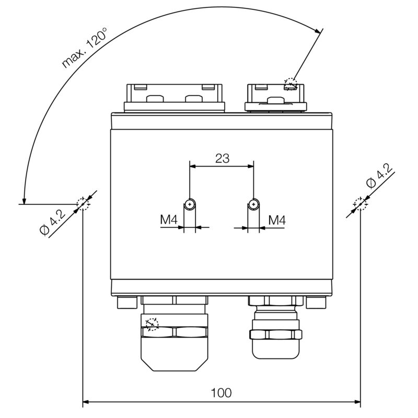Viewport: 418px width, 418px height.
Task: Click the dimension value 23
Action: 222,158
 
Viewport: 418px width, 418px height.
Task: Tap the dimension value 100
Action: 221,393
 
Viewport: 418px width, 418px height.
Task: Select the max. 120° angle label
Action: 84,48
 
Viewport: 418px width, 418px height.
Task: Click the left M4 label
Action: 169,220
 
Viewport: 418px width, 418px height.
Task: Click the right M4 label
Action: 277,220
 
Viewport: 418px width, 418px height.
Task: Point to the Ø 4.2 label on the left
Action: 52,223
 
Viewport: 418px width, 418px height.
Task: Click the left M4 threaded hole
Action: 190,204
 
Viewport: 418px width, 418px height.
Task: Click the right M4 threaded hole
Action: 253,204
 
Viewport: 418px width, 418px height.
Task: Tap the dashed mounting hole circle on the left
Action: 83,204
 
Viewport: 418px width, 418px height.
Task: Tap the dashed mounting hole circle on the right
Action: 361,204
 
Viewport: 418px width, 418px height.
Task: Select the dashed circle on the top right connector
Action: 291,84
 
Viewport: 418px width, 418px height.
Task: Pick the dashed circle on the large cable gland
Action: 152,324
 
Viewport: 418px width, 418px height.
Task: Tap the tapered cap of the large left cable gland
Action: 174,354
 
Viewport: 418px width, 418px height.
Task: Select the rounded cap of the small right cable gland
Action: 276,349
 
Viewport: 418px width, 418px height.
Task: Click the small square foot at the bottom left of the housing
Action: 127,303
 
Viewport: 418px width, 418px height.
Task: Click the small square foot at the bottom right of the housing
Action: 316,303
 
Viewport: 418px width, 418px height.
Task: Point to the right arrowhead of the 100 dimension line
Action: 357,402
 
